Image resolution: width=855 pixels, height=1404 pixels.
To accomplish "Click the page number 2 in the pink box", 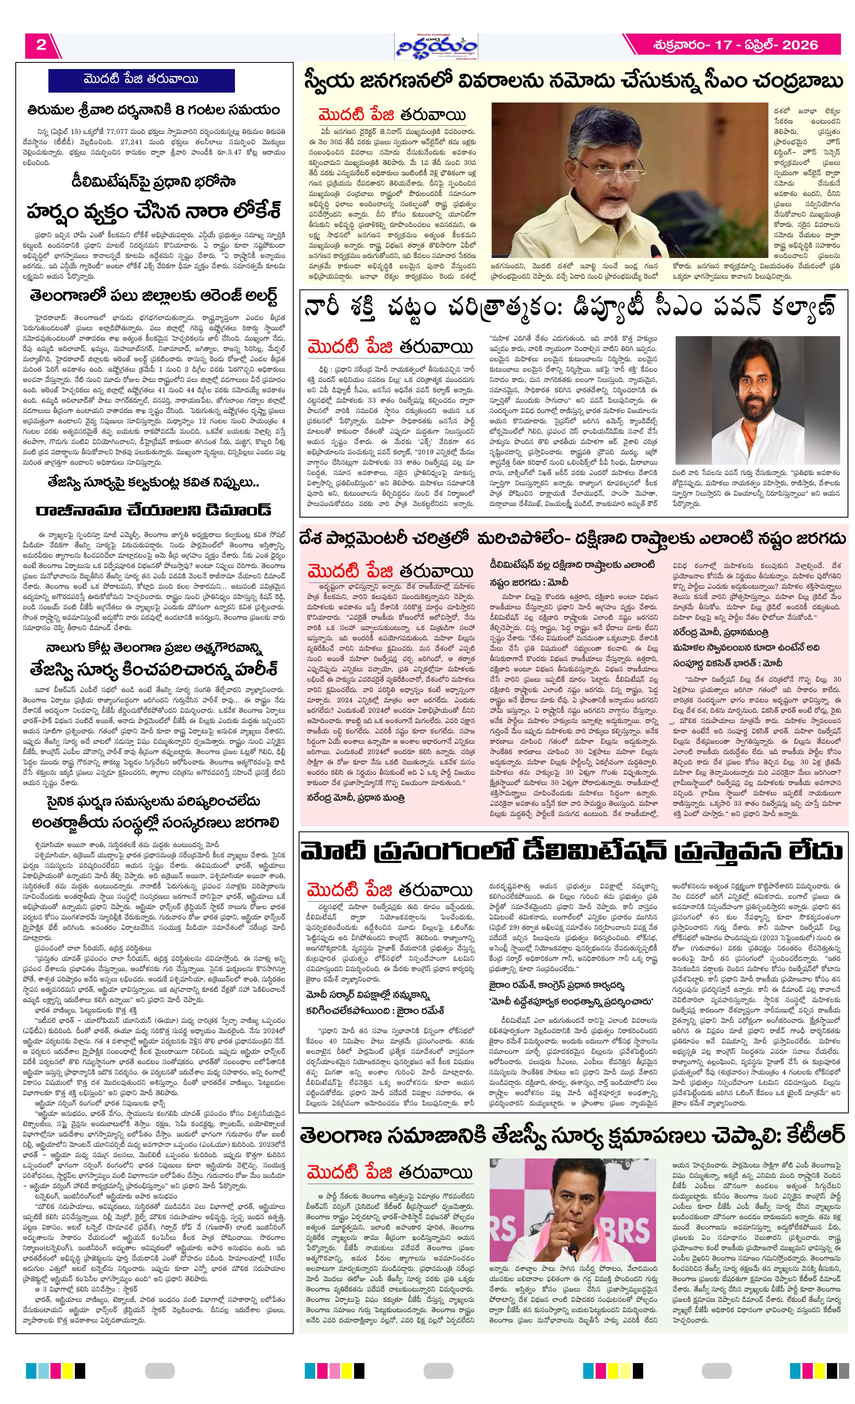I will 41,45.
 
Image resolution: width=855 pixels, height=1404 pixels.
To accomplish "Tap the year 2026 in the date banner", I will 800,45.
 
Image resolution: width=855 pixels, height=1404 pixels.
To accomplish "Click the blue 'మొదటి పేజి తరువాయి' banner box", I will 141,80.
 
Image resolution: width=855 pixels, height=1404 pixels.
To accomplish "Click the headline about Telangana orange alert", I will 154,297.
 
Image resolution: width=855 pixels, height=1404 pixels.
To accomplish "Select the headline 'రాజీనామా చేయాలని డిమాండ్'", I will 154,510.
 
